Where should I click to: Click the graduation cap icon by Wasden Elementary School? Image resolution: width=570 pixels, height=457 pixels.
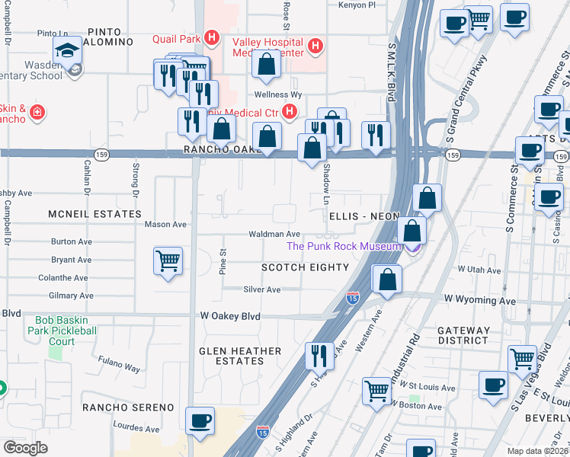point(68,52)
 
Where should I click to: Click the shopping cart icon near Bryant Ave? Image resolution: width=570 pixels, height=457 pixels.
point(168,261)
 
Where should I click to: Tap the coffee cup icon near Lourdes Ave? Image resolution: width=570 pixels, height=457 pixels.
point(200,421)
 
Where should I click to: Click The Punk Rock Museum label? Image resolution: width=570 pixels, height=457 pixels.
point(343,246)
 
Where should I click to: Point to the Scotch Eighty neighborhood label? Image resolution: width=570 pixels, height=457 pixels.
point(305,267)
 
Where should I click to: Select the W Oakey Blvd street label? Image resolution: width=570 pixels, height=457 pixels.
point(230,316)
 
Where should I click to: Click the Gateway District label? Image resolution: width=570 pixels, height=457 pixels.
point(463,335)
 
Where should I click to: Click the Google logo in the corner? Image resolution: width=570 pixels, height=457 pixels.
point(24,447)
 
